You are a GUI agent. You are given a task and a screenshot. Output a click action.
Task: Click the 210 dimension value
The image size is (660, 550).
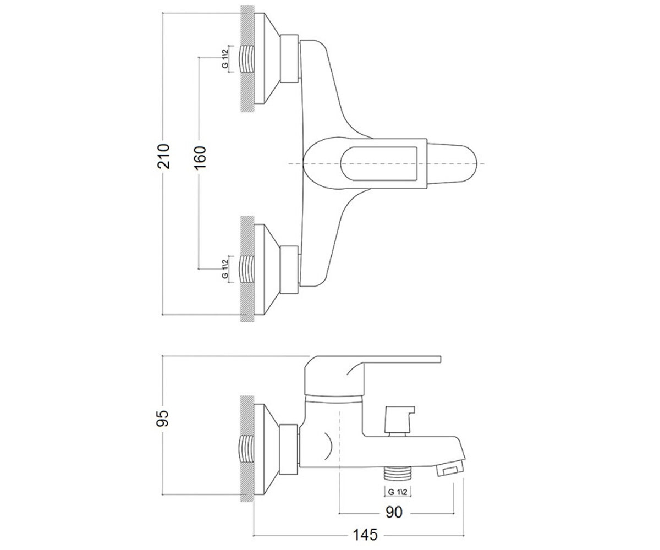[x=163, y=156]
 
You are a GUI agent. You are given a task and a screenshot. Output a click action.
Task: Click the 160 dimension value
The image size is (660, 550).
[x=200, y=157]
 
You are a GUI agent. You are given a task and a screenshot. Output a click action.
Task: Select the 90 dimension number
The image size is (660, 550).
[x=394, y=521]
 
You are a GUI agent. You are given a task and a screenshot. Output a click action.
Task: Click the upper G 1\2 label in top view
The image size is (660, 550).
[x=225, y=59]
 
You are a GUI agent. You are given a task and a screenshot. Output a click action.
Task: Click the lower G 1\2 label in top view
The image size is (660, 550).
[x=225, y=269]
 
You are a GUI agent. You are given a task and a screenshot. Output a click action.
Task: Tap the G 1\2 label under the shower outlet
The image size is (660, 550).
[x=398, y=492]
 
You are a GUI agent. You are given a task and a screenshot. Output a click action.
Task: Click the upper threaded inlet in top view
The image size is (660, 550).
[x=246, y=59]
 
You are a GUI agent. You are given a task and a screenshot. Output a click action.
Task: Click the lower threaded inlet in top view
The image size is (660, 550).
[x=246, y=269]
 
